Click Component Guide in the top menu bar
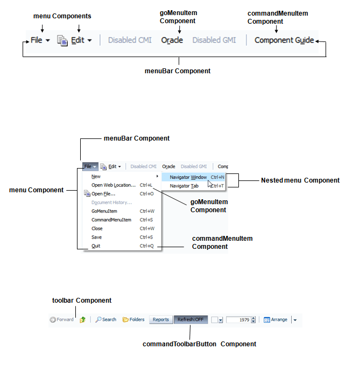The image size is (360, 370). pos(284,40)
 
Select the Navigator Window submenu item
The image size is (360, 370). pos(188,177)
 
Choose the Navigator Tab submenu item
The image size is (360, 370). pos(184,186)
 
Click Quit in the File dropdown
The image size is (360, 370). pos(96,246)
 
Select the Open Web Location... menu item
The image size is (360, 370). pos(113,185)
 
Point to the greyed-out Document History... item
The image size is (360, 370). pos(111,203)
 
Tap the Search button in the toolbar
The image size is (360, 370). pos(106,319)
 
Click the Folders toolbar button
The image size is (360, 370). pos(133,319)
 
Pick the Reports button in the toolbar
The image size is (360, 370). pos(160,319)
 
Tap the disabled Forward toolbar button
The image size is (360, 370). pos(61,319)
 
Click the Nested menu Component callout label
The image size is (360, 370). pos(300,180)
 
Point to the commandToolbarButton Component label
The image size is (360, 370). pos(199,344)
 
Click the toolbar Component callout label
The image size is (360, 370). pos(82,301)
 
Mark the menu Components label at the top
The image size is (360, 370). pos(62,16)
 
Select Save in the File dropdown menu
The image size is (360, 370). pos(96,238)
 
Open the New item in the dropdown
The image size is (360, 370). pos(96,177)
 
